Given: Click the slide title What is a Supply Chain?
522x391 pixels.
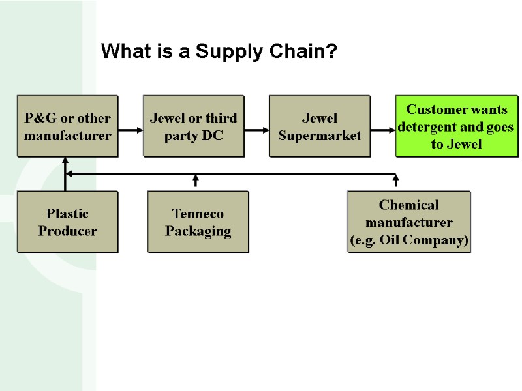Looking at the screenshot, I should coord(219,51).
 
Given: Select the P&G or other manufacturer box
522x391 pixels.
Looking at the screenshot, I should coord(67,126).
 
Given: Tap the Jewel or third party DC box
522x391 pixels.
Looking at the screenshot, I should coord(194,126).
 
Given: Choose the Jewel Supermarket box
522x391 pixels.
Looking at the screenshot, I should coord(320,126).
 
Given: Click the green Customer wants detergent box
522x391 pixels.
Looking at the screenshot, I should coord(456,126).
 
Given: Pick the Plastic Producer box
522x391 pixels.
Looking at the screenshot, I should coord(67,222).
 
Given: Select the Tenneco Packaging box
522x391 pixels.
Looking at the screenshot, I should coord(198,222).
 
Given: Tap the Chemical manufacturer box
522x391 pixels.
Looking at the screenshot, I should coord(409,222).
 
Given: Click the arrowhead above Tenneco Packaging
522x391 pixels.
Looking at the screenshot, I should coord(196,177).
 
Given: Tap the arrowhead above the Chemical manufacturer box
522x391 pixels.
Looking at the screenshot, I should coord(395,177).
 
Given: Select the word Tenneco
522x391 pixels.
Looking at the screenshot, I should coord(198,214).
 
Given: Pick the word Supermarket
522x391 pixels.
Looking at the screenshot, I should coord(320,136).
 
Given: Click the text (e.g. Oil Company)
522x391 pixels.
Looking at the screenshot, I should coord(410,240).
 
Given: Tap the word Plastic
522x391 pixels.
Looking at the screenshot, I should coord(67,214).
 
